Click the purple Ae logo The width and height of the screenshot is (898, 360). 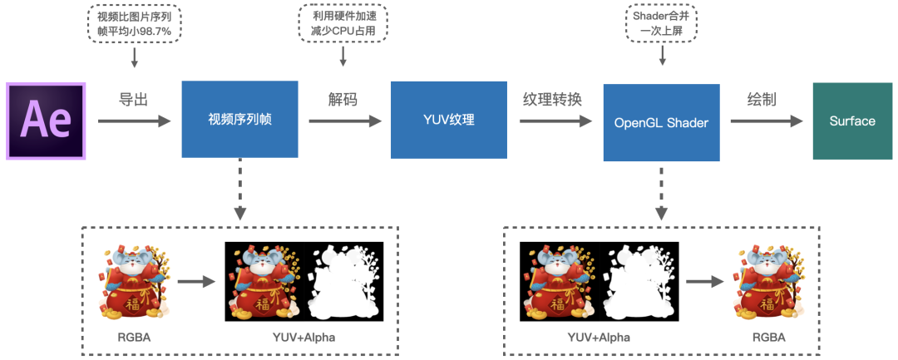click(x=46, y=121)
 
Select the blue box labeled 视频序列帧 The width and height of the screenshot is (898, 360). click(x=239, y=120)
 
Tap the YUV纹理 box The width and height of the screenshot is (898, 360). click(x=448, y=120)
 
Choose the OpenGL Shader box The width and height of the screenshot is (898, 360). click(x=661, y=121)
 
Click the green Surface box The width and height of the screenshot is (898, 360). click(x=852, y=121)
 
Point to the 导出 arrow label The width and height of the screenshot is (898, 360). click(x=134, y=100)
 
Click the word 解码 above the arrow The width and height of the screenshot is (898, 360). click(x=343, y=100)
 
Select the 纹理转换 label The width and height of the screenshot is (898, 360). click(x=552, y=100)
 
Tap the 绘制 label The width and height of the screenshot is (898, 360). click(x=762, y=100)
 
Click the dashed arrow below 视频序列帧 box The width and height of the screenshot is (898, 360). click(x=239, y=190)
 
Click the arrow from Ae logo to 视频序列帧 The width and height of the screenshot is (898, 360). click(x=134, y=121)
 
